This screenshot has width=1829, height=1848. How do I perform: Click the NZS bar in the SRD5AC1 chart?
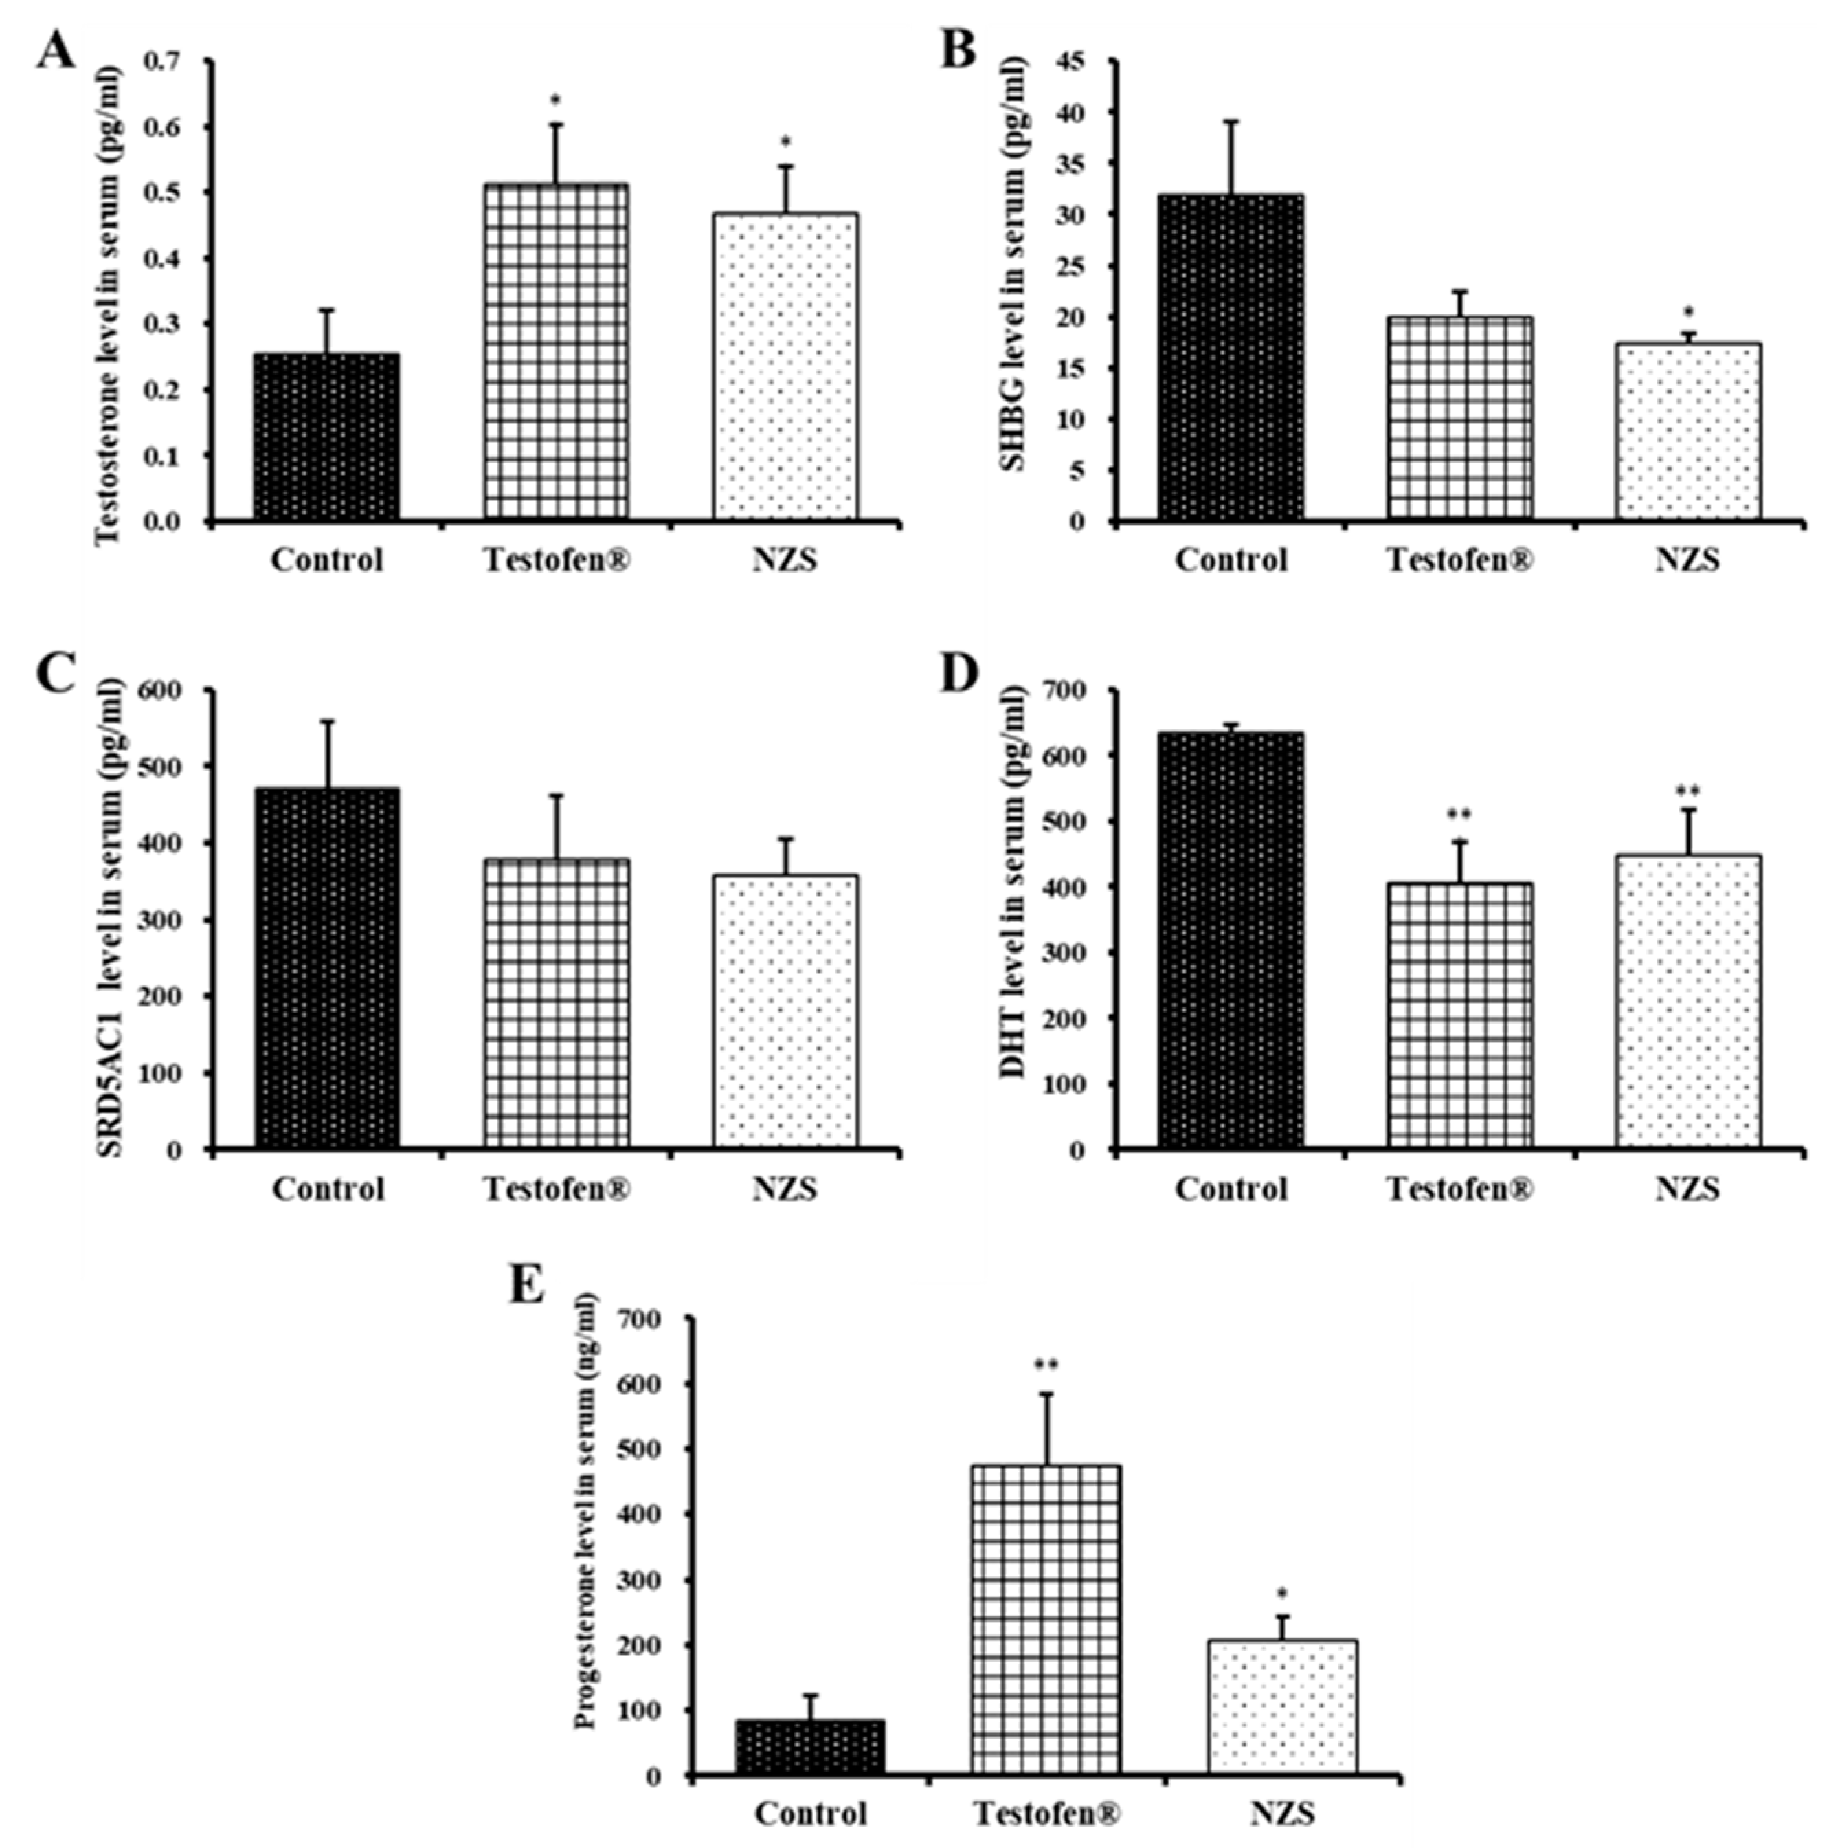coord(784,1011)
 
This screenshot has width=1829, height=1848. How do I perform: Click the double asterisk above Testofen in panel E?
coord(1045,1365)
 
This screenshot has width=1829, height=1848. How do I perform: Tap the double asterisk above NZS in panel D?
coord(1687,792)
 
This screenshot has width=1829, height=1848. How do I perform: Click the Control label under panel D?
coord(1231,1189)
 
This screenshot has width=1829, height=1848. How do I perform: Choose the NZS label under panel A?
coord(784,560)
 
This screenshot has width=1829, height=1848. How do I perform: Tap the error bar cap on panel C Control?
coord(327,721)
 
